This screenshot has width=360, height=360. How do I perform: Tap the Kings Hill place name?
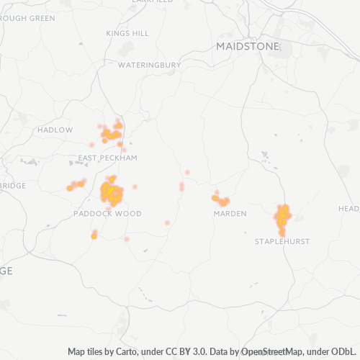coord(127,33)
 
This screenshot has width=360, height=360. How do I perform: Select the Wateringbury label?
coord(149,65)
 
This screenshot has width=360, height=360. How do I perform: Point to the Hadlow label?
coord(55,130)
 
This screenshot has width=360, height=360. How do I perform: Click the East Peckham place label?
coord(107,157)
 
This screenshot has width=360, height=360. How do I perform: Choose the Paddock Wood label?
coord(107,214)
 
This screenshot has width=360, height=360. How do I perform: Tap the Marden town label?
coord(230,214)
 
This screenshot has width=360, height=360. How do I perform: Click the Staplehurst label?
coord(282,241)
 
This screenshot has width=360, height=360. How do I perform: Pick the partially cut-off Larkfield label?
coord(153,2)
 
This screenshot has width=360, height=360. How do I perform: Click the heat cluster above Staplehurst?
coord(282,216)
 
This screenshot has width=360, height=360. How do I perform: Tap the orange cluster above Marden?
coord(220,199)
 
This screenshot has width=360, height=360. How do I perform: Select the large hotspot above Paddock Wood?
coord(111,192)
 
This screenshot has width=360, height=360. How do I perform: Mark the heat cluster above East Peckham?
coord(112,132)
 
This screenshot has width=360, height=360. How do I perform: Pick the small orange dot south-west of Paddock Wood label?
coord(94,235)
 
